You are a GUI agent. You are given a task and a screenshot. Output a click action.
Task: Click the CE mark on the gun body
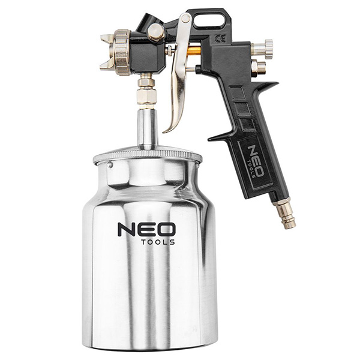pos(220,38)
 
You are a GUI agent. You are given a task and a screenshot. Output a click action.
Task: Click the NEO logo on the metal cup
pos(146,229)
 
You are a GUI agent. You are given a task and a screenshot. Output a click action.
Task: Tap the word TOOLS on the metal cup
pos(158,242)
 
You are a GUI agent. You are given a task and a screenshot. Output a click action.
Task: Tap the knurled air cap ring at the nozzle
pos(121,52)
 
